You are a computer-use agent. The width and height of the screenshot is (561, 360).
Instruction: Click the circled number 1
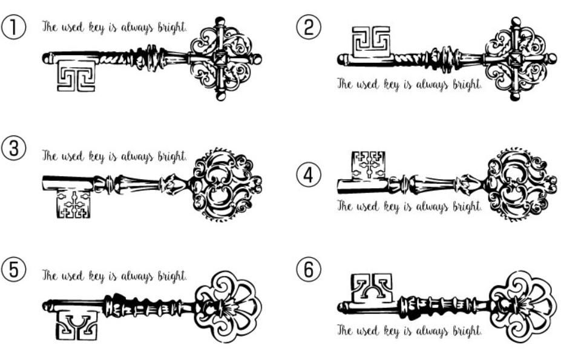point(13,27)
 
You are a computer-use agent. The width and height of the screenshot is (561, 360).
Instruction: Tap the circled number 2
point(309,27)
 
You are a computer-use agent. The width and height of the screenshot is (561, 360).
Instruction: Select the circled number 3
point(13,148)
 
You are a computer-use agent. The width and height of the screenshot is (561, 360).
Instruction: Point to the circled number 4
point(309,175)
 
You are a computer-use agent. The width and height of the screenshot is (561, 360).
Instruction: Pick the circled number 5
point(13,269)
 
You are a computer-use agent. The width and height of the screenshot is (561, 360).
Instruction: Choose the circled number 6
point(309,269)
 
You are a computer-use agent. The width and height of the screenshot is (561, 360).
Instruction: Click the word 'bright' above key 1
point(172,27)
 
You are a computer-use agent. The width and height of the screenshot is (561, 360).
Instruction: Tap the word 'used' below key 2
point(367,85)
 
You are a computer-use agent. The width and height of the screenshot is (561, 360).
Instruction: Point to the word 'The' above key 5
point(50,276)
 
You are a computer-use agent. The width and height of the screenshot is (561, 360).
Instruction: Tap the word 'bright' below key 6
point(467,331)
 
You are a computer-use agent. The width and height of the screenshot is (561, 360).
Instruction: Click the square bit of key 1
point(76,76)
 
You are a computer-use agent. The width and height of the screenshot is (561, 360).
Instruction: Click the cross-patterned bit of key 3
point(74,204)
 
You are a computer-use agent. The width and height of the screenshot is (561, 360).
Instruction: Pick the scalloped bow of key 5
point(228,307)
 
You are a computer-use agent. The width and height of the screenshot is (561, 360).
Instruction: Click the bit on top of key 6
point(372,289)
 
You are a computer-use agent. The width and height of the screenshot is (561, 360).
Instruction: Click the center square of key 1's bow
point(220,59)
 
